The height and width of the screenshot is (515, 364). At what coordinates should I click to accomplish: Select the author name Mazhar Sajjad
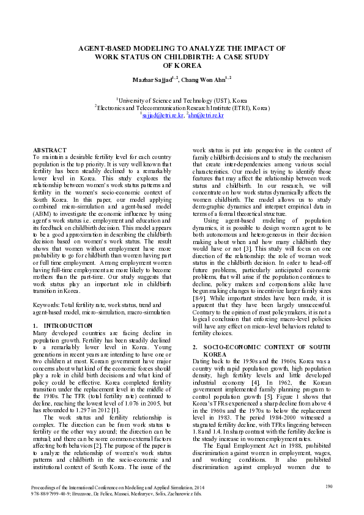click(x=153, y=79)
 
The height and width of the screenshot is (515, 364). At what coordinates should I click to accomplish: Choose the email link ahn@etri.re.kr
click(x=205, y=114)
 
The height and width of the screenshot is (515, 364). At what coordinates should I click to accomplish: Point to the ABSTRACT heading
click(x=50, y=150)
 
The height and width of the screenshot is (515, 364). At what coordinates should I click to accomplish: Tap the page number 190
click(x=329, y=487)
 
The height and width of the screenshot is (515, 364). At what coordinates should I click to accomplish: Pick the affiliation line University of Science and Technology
click(x=182, y=100)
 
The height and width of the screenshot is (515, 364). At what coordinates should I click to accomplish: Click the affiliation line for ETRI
click(x=182, y=107)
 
